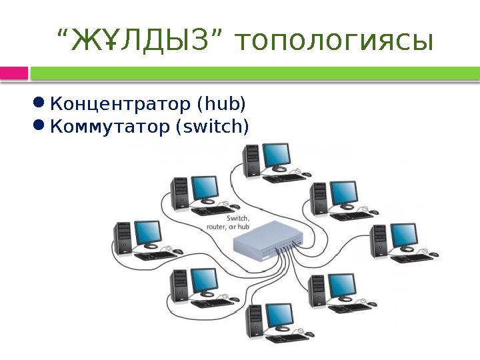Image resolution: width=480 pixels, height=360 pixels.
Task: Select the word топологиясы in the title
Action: point(333,42)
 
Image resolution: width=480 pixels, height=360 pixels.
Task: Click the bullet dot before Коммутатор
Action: point(39,125)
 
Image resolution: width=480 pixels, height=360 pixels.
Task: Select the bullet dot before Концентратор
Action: point(39,103)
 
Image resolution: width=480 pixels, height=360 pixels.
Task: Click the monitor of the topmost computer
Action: point(276,156)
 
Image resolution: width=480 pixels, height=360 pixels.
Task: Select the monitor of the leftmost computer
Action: point(148,233)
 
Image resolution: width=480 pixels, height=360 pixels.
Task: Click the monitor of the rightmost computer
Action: point(403,235)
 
